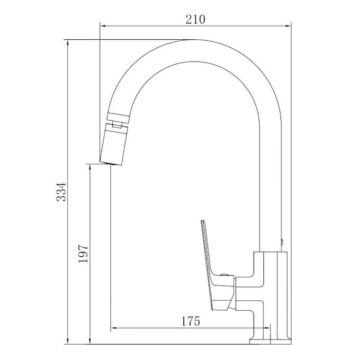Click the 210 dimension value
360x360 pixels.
(195, 19)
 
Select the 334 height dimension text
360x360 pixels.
(61, 192)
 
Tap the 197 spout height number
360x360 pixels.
(83, 254)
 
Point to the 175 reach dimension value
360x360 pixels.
(190, 321)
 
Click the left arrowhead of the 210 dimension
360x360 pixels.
(103, 26)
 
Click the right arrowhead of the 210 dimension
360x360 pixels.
(288, 26)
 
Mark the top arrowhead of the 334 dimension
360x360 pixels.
(68, 43)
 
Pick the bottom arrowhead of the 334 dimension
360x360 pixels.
(68, 341)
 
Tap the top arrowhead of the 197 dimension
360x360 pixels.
(90, 167)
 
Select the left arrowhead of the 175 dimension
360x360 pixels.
(114, 328)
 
